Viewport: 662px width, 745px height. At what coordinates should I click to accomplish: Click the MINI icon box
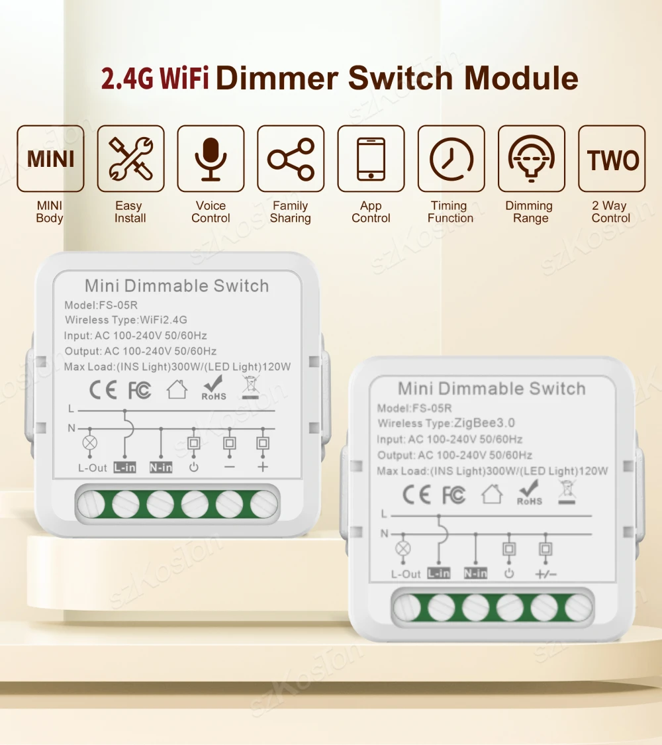point(50,159)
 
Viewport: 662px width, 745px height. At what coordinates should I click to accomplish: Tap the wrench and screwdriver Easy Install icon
point(130,159)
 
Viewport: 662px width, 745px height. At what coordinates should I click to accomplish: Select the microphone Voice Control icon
point(211,159)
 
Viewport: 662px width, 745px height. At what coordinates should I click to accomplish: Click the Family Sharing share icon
point(291,159)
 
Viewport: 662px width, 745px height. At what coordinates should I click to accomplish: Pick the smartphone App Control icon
point(371,159)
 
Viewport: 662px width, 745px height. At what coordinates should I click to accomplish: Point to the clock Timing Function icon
point(451,159)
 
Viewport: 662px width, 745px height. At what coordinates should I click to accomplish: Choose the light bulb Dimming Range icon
point(531,159)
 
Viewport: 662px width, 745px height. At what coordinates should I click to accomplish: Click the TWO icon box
point(612,159)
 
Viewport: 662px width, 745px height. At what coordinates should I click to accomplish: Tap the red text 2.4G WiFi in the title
point(155,78)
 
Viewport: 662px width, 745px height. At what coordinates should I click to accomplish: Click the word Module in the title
point(521,78)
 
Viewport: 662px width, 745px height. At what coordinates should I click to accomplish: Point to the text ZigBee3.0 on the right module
point(484,423)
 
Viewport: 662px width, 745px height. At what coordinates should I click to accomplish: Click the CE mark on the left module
point(103,390)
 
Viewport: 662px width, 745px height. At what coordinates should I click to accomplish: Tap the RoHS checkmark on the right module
point(530,493)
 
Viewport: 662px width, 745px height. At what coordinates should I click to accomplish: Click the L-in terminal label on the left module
point(124,468)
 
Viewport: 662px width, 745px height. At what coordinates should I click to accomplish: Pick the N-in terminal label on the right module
point(475,573)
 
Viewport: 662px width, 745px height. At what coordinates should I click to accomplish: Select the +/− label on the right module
point(546,574)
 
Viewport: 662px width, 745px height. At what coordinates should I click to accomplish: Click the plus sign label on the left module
point(263,468)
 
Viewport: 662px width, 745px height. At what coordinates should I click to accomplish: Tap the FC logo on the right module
point(453,495)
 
